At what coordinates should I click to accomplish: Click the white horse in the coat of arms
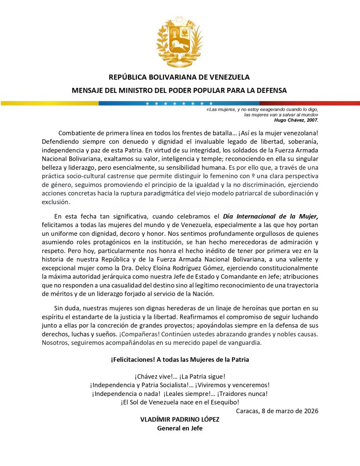pyautogui.click(x=179, y=46)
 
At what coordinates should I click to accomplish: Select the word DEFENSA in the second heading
pyautogui.click(x=270, y=91)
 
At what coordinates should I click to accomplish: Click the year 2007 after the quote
pyautogui.click(x=312, y=121)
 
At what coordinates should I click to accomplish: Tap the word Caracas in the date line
pyautogui.click(x=248, y=411)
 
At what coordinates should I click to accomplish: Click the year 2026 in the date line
pyautogui.click(x=309, y=411)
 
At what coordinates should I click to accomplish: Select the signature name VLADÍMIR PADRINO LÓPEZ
pyautogui.click(x=180, y=420)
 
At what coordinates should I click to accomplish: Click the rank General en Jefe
pyautogui.click(x=180, y=428)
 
